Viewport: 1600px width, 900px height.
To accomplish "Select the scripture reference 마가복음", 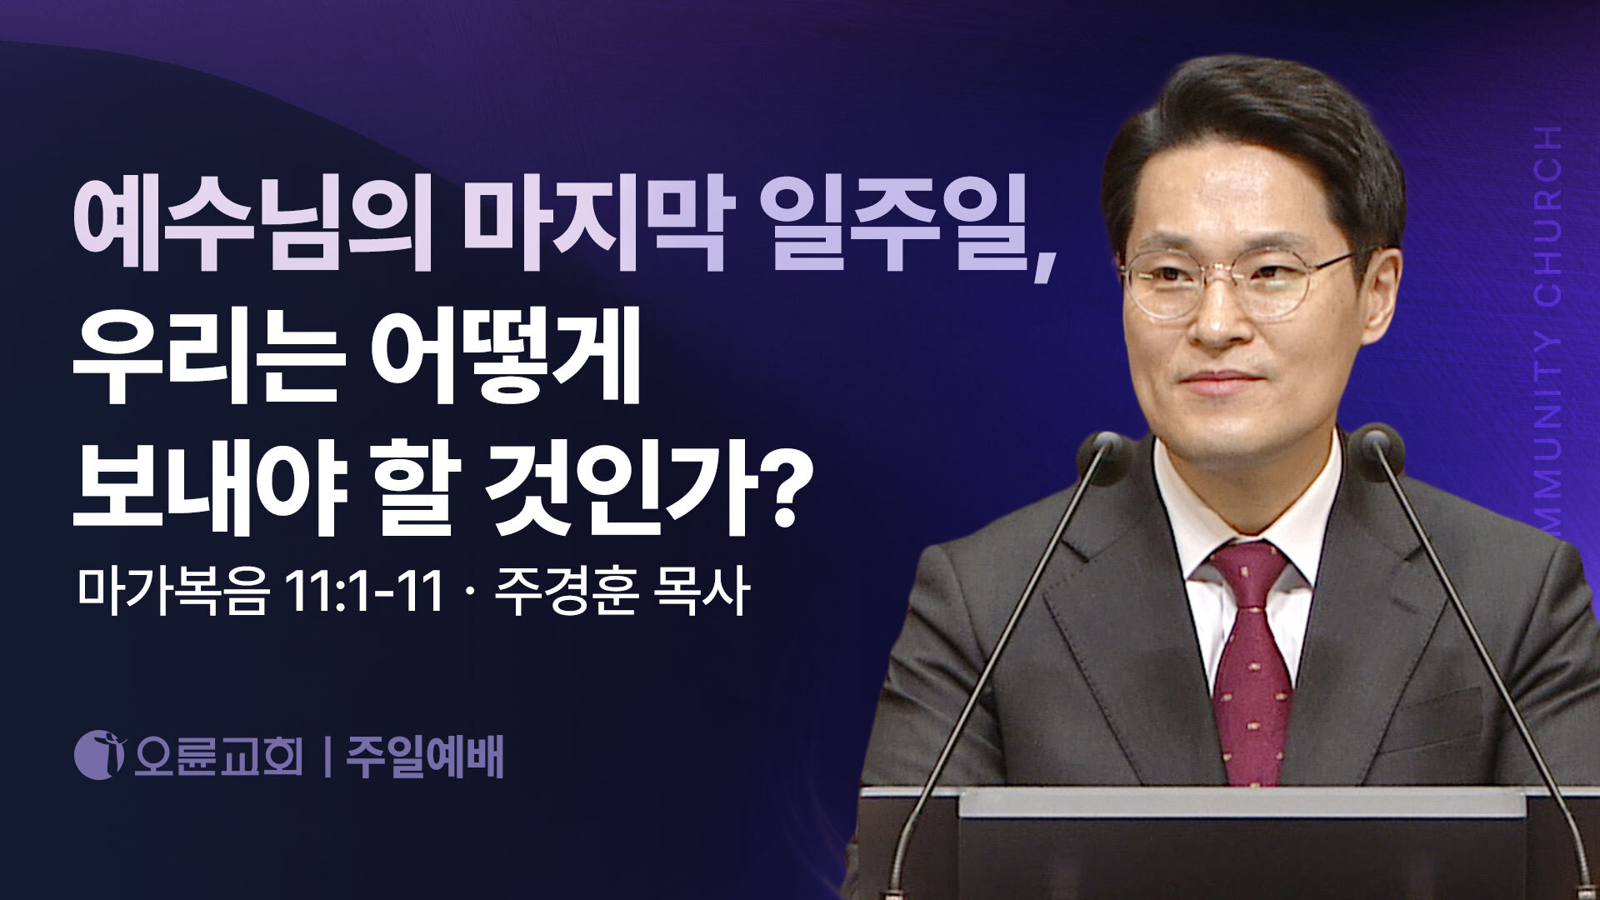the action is (173, 593).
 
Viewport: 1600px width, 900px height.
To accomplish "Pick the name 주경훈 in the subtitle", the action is (567, 593).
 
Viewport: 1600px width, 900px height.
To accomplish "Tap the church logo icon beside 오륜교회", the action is (100, 754).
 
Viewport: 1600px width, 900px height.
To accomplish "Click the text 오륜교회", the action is (218, 755).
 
